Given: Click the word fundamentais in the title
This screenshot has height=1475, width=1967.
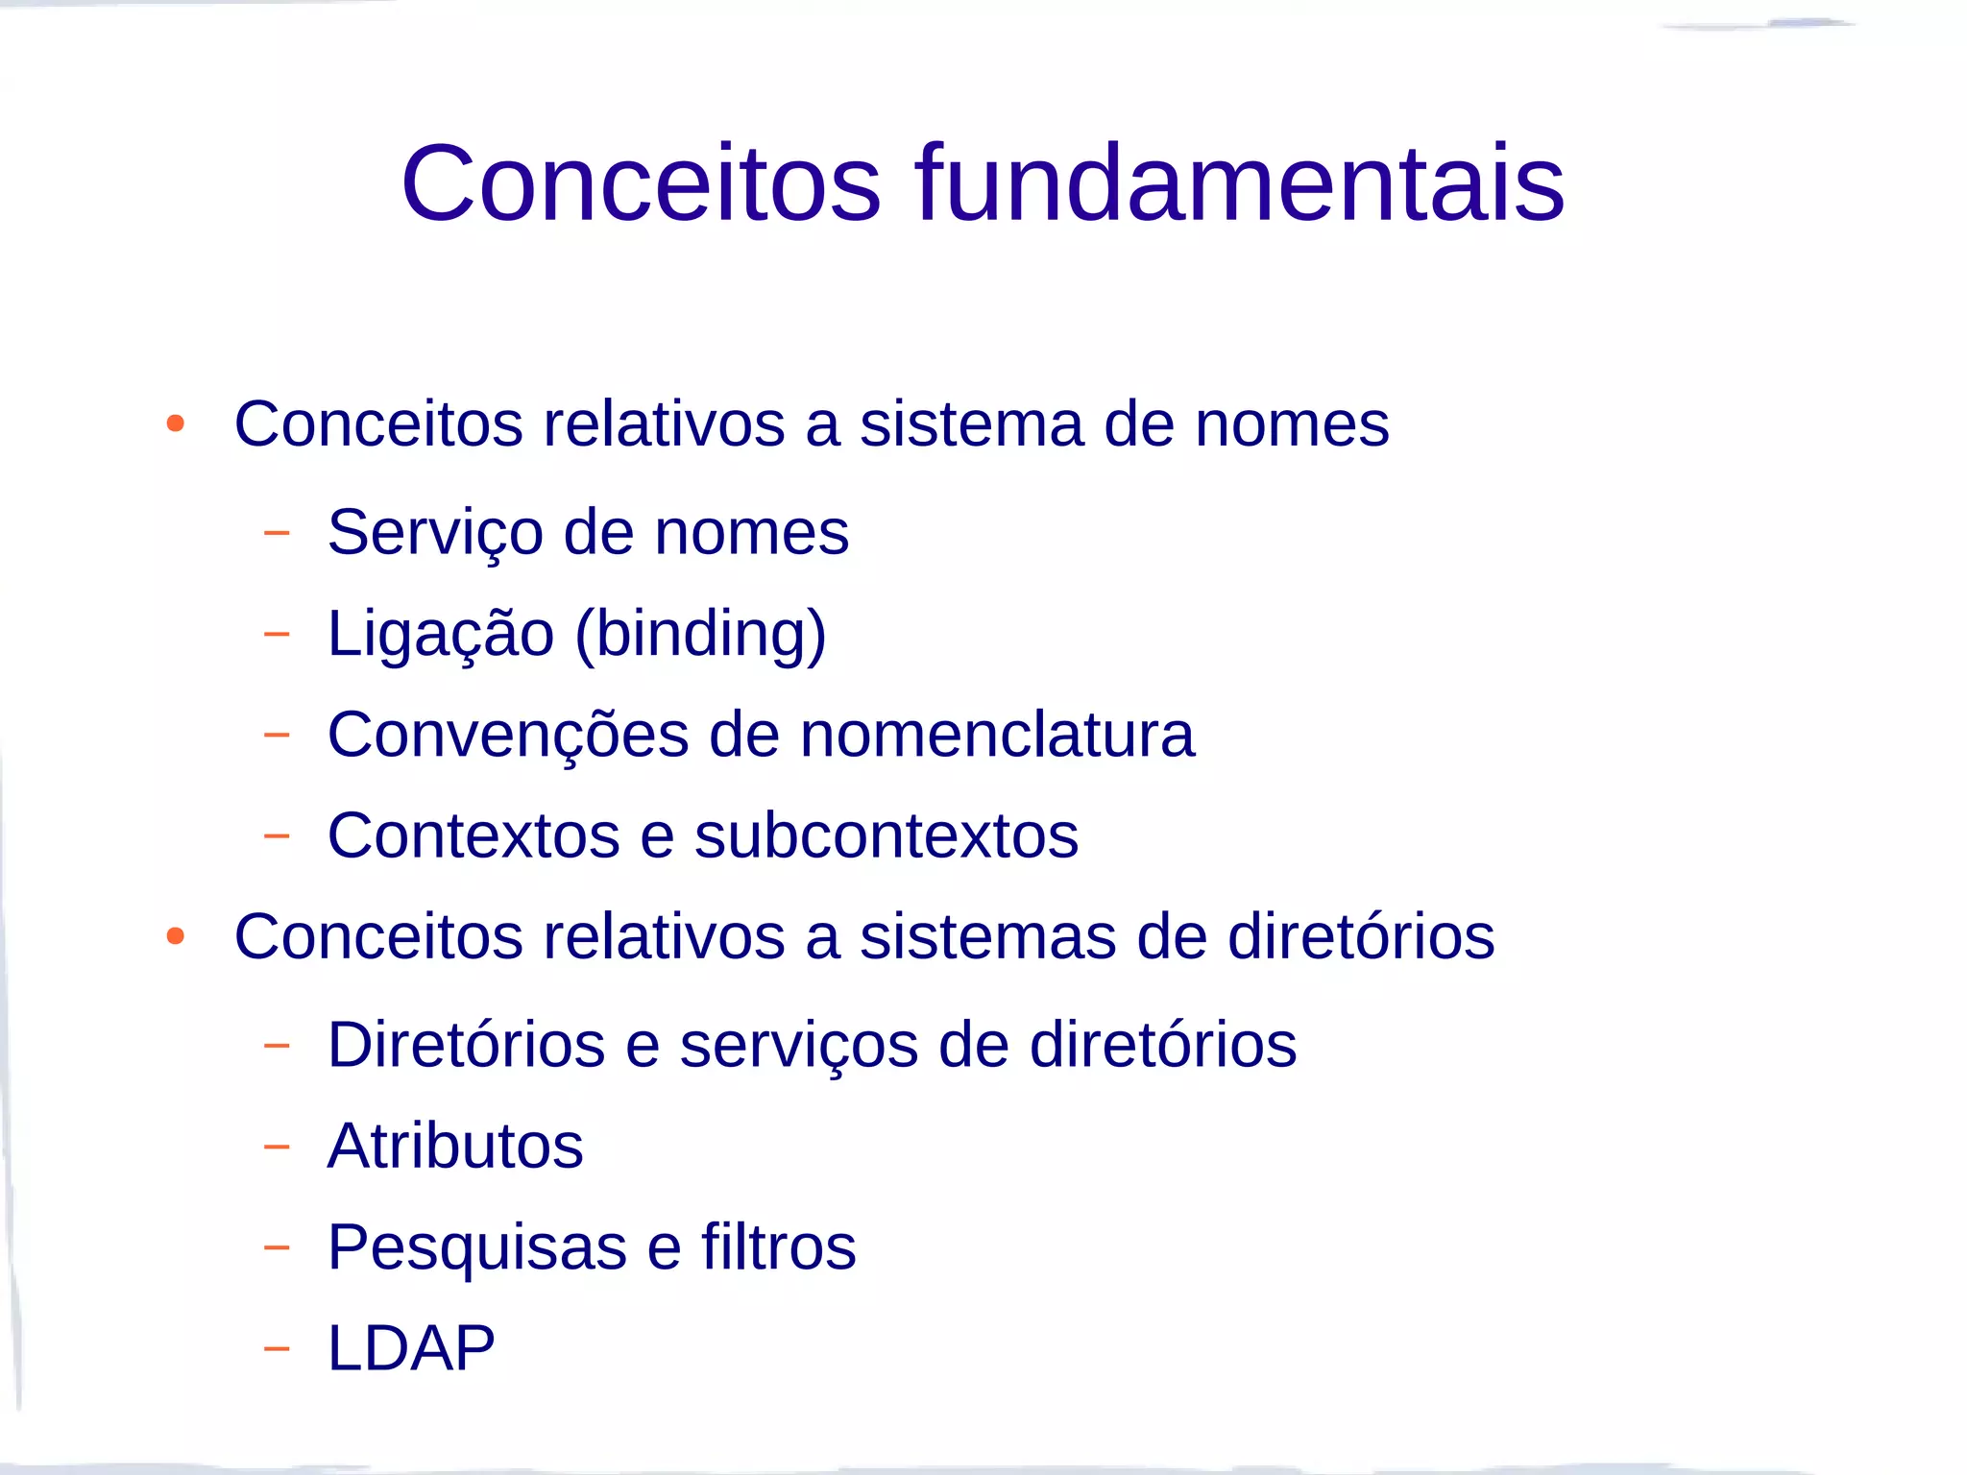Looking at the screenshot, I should (x=1239, y=182).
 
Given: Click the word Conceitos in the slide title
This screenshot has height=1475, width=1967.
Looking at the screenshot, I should (x=641, y=182).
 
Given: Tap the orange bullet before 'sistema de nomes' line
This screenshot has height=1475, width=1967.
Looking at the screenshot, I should (x=175, y=423).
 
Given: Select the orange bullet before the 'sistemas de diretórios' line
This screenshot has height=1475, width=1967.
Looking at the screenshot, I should (x=175, y=935).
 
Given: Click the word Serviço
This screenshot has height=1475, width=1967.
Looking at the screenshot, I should (x=434, y=533).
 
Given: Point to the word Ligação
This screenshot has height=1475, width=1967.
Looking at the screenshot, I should (x=440, y=635).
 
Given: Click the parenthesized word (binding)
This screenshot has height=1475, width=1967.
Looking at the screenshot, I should (x=700, y=635).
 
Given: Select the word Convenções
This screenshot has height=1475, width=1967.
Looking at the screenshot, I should (x=508, y=736).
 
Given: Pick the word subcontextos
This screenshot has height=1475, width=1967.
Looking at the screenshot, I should (x=886, y=835).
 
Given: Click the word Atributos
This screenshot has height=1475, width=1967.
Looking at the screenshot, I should (x=455, y=1146).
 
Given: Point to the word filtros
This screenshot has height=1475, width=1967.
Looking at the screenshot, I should (x=778, y=1247).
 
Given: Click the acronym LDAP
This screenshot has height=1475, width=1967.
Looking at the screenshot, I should (x=411, y=1348).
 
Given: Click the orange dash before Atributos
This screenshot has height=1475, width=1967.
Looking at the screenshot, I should (x=277, y=1147).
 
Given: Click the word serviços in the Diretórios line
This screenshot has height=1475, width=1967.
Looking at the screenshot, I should (x=798, y=1045).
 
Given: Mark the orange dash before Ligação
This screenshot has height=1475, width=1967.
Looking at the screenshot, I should (x=277, y=634).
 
